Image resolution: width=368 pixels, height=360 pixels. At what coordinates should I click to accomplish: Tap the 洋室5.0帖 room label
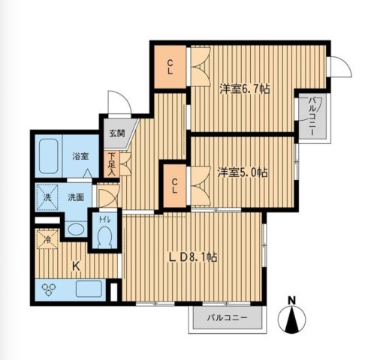pos(243,172)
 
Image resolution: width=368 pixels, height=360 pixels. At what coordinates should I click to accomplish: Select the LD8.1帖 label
pos(193,257)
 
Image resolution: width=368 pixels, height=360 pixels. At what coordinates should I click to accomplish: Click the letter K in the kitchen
pos(76,265)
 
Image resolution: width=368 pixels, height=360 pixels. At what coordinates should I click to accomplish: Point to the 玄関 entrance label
pos(116,133)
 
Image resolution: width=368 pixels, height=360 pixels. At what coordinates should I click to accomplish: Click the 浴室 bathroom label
pos(80,157)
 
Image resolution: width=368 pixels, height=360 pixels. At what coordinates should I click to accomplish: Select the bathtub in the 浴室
pos(49,155)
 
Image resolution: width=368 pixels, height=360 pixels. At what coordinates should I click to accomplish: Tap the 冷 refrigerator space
pos(45,241)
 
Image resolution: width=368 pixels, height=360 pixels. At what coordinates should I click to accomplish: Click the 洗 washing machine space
pos(46,198)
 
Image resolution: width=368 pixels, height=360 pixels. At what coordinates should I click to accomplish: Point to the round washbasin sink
pos(75,229)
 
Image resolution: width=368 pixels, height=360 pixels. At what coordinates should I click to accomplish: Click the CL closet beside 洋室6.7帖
pos(170,65)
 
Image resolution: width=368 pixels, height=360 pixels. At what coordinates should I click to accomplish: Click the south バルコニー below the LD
pos(227,319)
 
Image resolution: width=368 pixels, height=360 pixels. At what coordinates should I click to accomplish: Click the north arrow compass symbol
pos(293,319)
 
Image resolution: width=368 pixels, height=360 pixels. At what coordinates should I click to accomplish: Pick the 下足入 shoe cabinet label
pos(111,163)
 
